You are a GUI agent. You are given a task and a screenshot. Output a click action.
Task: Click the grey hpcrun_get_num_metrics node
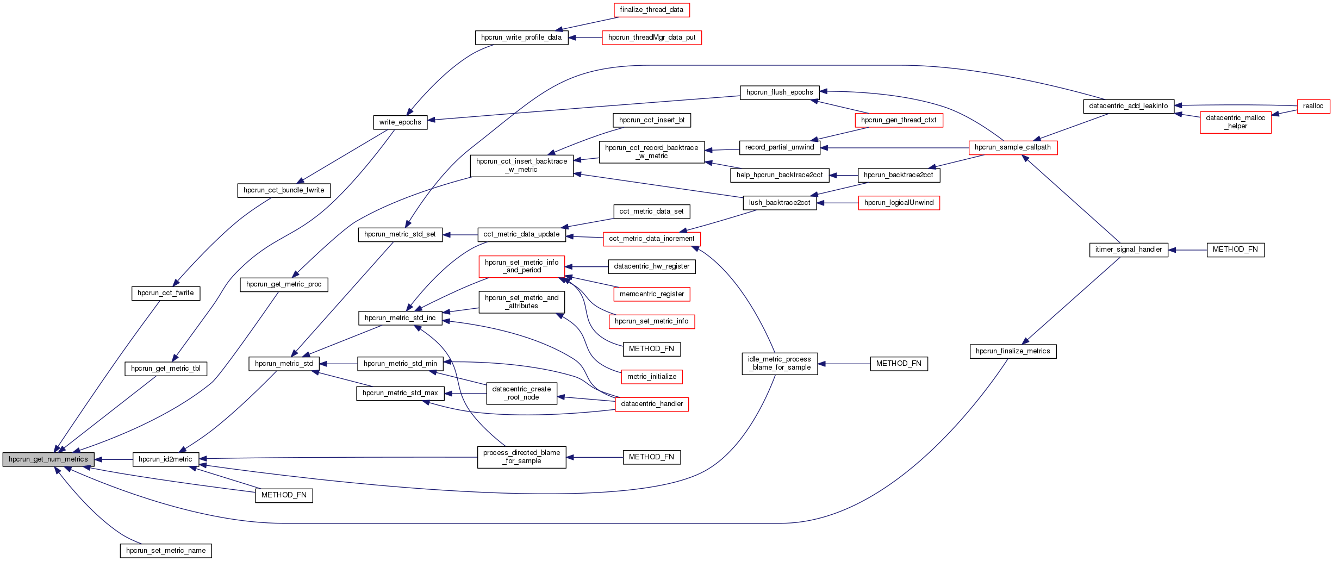[x=48, y=459]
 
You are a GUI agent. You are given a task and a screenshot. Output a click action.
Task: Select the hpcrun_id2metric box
[x=165, y=459]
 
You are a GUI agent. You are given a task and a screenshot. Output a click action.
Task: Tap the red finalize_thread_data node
[x=651, y=10]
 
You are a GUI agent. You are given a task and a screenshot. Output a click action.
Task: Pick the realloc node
[x=1313, y=106]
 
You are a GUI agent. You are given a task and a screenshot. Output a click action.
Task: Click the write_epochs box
[x=400, y=122]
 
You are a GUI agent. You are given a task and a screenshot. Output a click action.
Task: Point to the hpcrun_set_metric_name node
[x=166, y=551]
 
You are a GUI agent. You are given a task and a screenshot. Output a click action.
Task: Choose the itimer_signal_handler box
[x=1128, y=250]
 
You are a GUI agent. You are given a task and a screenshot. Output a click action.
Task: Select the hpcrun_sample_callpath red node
[x=1012, y=147]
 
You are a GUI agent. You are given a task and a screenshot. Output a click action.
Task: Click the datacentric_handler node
[x=651, y=404]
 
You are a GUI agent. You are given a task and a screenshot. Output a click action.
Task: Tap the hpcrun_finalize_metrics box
[x=1012, y=351]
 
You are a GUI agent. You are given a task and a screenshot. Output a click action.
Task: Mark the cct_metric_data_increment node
[x=651, y=239]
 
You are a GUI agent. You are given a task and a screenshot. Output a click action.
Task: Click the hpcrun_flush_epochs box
[x=779, y=92]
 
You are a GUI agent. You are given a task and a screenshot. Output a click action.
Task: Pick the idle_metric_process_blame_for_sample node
[x=779, y=363]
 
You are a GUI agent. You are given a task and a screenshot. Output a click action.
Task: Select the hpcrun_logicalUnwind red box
[x=899, y=203]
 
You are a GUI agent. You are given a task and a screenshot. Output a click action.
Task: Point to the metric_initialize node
[x=651, y=377]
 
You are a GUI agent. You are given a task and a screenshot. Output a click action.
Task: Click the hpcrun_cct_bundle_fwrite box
[x=284, y=190]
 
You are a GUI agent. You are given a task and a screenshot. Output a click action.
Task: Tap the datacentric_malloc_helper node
[x=1235, y=122]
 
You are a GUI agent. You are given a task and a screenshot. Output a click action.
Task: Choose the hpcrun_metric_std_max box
[x=400, y=393]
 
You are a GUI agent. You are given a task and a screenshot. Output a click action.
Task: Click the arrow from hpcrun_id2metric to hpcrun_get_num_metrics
[x=114, y=459]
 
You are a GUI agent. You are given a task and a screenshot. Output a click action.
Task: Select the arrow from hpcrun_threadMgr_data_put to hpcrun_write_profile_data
[x=585, y=38]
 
